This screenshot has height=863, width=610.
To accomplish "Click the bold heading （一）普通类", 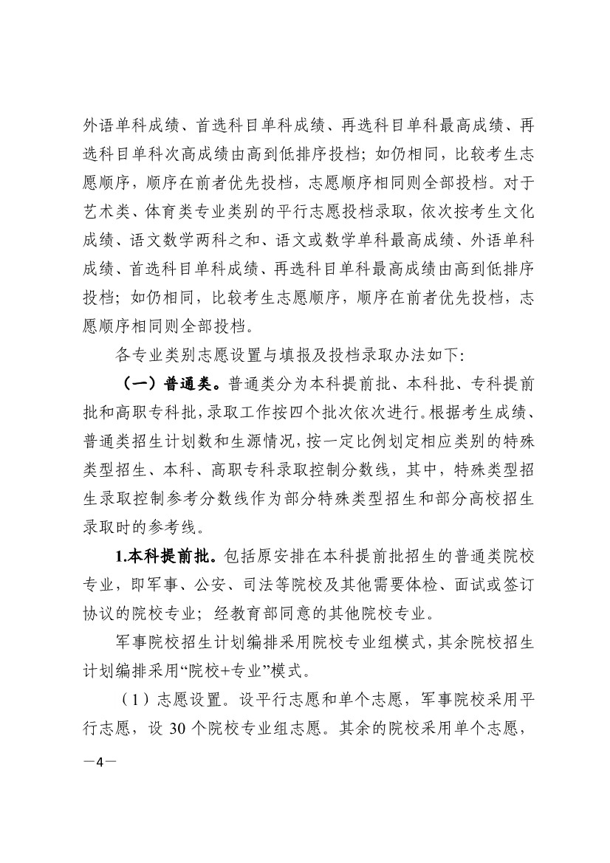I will (173, 385).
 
